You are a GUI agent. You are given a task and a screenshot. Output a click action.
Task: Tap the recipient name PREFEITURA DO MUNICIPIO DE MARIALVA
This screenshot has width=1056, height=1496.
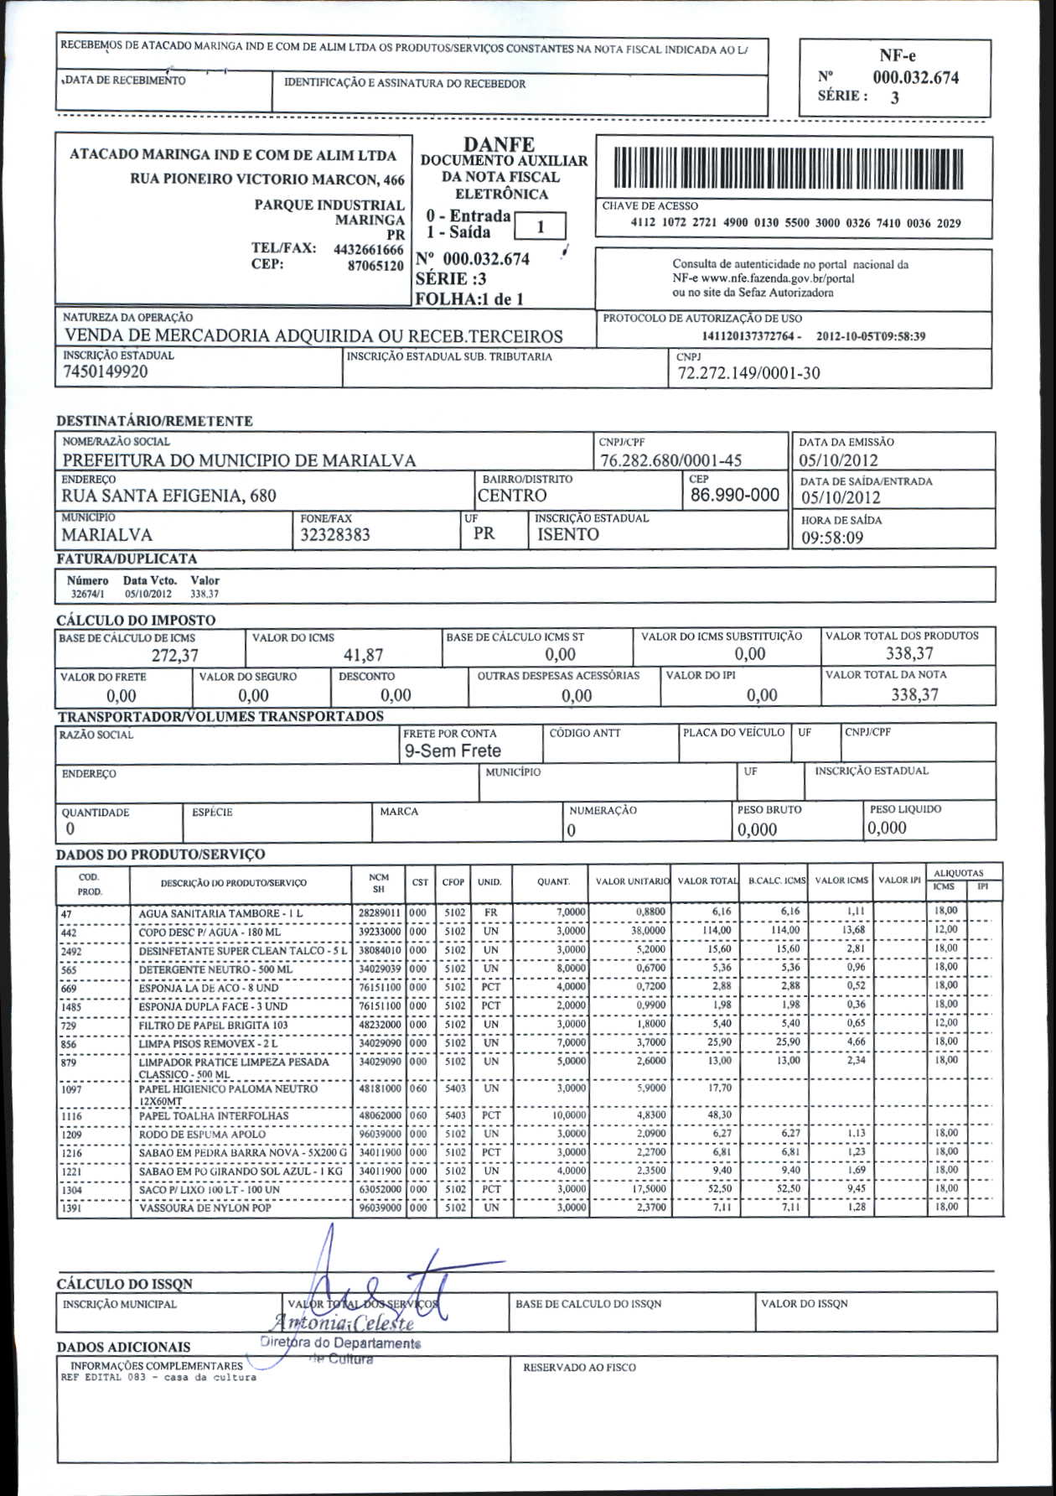point(240,460)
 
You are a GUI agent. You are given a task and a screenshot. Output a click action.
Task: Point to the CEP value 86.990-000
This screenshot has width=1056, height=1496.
point(735,495)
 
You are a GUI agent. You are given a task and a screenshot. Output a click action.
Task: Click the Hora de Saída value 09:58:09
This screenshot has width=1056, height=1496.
point(832,538)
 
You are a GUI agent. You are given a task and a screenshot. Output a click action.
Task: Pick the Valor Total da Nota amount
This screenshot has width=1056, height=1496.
point(914,694)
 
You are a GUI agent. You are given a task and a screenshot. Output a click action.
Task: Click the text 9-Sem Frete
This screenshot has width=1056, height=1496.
point(453,751)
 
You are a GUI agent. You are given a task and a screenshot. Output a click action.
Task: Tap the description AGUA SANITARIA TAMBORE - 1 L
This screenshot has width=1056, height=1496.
point(221,913)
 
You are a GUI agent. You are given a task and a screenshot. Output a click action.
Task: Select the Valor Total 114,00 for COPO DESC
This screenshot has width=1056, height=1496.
point(717,930)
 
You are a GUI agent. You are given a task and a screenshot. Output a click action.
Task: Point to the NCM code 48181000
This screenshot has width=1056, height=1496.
point(380,1088)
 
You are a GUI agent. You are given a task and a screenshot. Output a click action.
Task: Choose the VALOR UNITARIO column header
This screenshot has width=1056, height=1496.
point(632,881)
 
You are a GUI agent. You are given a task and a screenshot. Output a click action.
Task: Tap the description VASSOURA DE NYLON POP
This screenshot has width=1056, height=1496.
point(204,1208)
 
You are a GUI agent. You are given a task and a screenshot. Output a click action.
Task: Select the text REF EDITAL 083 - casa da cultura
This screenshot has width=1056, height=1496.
point(159,1377)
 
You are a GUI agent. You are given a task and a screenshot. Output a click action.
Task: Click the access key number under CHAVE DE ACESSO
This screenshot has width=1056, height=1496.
point(795,224)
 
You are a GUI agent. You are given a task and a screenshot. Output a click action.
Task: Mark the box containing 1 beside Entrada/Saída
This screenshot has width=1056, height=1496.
point(541,226)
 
